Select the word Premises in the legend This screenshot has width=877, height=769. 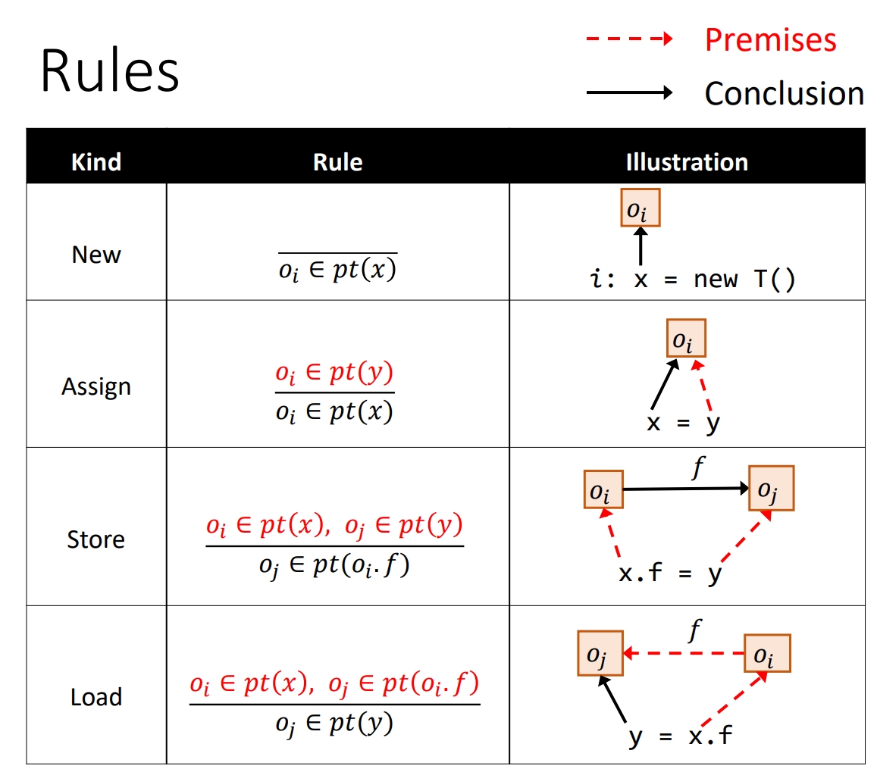[770, 39]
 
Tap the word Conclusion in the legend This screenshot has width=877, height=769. [784, 93]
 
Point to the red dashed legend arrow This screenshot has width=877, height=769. [629, 39]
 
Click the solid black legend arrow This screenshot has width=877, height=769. [629, 93]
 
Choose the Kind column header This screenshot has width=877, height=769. [96, 161]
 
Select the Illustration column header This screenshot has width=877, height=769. [687, 161]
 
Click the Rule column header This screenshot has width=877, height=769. [337, 161]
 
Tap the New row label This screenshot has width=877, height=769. [96, 255]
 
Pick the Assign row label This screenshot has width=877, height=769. [96, 386]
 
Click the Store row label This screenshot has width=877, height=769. [96, 539]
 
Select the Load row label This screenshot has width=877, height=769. [96, 697]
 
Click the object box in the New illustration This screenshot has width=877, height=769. [641, 208]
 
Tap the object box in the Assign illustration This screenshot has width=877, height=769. [686, 338]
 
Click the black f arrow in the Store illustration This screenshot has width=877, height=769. [686, 489]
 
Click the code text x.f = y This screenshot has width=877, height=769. [671, 574]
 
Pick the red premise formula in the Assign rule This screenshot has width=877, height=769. [334, 374]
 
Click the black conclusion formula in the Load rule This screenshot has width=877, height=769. [334, 724]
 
